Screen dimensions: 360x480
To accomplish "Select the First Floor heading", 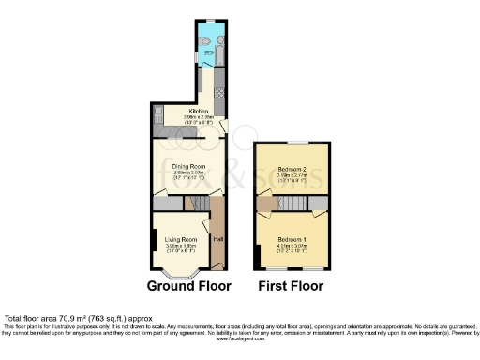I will click(292, 286).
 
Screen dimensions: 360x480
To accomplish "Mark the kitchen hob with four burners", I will click(219, 93).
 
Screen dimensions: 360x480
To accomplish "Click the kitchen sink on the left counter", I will click(157, 114).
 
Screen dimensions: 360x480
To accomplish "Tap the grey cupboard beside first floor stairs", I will click(320, 204).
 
